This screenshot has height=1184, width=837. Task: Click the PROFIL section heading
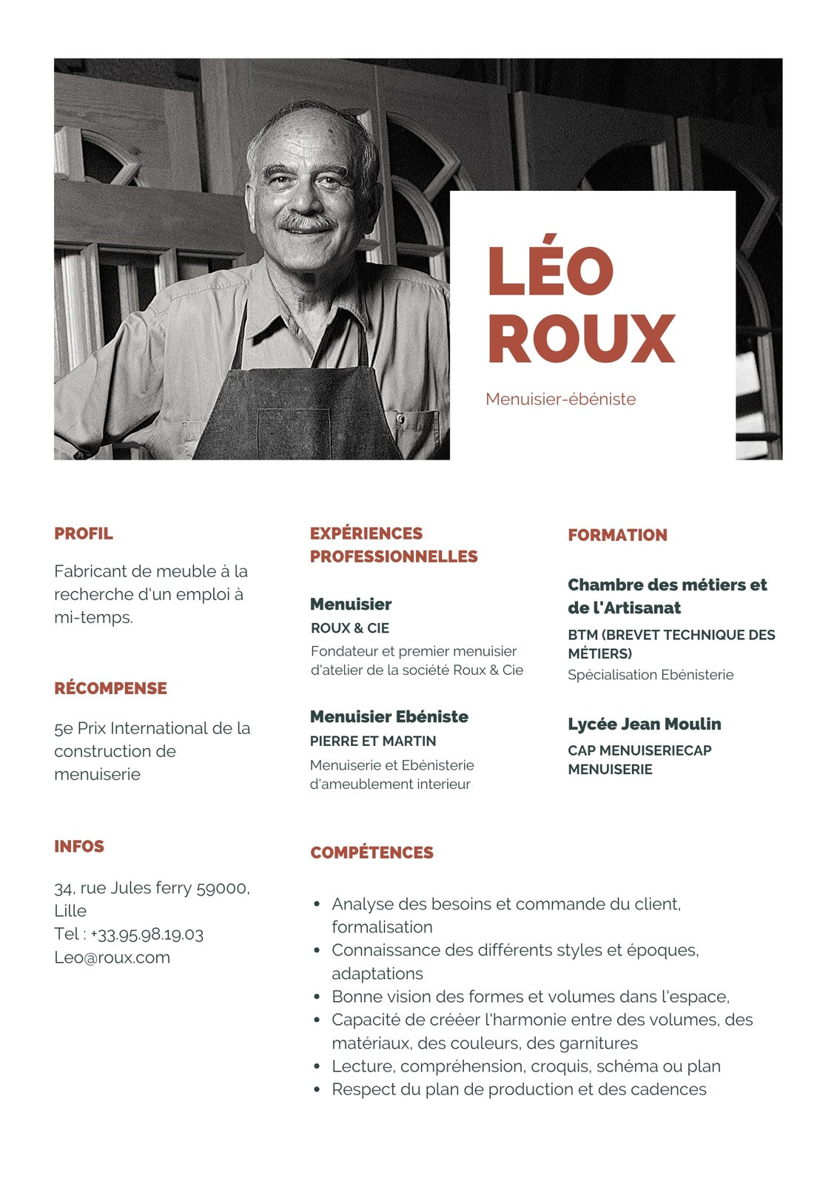(x=84, y=534)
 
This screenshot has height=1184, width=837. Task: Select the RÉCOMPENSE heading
(x=110, y=688)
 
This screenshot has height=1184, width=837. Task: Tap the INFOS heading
(x=79, y=847)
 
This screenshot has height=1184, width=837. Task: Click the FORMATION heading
(x=617, y=535)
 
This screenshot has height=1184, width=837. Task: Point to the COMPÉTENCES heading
(x=372, y=852)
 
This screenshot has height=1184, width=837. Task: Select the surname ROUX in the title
(x=581, y=338)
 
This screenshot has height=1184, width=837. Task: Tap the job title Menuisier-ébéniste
(x=560, y=400)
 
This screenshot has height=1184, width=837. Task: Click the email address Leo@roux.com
(x=112, y=958)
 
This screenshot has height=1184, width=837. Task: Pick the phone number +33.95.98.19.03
(x=147, y=935)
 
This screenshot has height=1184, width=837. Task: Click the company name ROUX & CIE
(x=350, y=628)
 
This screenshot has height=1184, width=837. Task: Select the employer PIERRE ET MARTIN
(x=373, y=741)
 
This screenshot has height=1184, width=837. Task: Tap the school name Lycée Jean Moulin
(x=644, y=724)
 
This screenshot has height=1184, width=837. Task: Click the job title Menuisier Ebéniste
(x=389, y=716)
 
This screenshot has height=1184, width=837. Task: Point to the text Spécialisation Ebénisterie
(x=651, y=675)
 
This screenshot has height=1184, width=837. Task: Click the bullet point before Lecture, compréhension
(x=317, y=1066)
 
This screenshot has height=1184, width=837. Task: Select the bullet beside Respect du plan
(x=317, y=1089)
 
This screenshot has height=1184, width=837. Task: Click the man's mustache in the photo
(x=306, y=221)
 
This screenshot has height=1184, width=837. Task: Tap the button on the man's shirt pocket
(x=400, y=420)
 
